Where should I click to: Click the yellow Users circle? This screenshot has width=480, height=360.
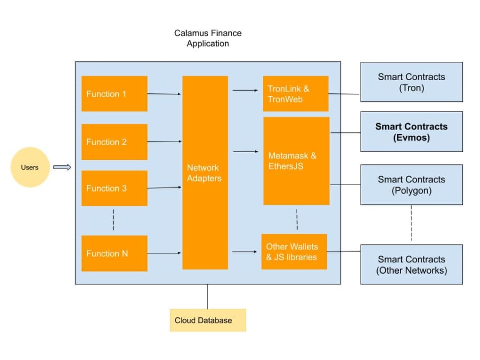tap(30, 167)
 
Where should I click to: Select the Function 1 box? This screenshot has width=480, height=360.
tap(114, 94)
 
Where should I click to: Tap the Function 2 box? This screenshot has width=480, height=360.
tap(114, 142)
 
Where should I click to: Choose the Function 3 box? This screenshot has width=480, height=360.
tap(114, 188)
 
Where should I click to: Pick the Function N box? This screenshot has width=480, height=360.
tap(114, 253)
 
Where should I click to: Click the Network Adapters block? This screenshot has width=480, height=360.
tap(205, 173)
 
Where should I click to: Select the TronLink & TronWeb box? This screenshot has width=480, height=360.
tap(295, 94)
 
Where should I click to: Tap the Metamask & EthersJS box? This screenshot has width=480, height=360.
tap(296, 161)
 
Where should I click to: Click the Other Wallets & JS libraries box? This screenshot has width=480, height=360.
tap(294, 252)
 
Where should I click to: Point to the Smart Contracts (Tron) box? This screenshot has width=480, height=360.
tap(411, 82)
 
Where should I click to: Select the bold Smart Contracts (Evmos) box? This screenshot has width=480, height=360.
tap(411, 132)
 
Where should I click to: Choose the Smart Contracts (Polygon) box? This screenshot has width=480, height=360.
tap(411, 185)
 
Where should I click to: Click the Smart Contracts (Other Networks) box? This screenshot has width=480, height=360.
tap(411, 265)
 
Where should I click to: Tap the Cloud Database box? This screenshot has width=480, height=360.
tap(207, 321)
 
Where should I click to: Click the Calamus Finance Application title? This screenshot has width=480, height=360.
tap(207, 38)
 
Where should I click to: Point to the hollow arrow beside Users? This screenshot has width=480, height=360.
tap(62, 167)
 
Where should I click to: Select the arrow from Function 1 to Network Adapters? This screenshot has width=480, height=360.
tap(164, 94)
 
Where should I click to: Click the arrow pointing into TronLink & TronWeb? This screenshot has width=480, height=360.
tap(245, 90)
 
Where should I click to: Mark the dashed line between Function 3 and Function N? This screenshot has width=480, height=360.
tap(113, 220)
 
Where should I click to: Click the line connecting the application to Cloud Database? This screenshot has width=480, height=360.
tap(207, 297)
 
